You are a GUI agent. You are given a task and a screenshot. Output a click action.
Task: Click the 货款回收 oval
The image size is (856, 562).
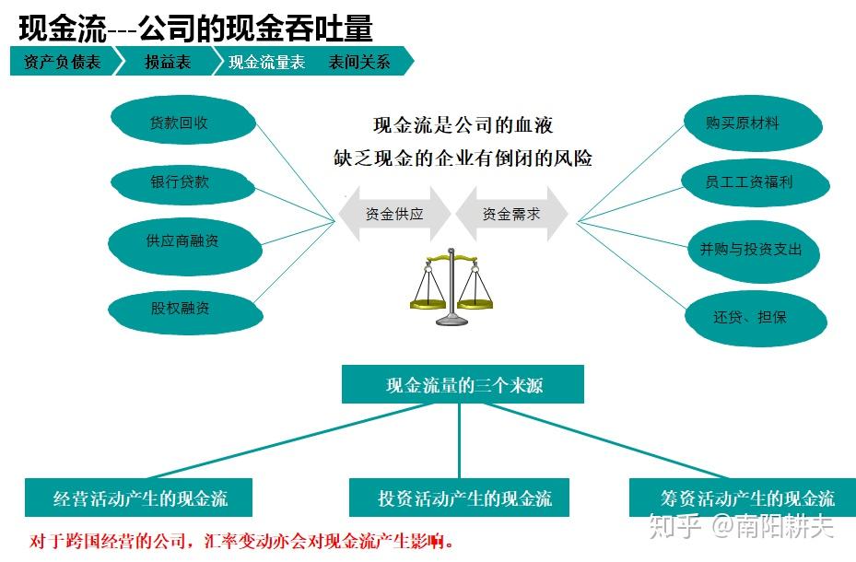[182, 120]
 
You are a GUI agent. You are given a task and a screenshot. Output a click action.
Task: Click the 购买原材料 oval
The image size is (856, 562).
[753, 123]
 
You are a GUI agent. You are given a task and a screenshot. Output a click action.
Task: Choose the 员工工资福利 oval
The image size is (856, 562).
[756, 183]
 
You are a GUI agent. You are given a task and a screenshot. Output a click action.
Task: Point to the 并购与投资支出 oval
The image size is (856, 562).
[754, 252]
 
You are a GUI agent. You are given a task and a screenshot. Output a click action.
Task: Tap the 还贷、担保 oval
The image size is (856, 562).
[756, 319]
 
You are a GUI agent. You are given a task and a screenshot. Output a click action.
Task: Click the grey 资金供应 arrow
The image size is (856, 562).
[394, 214]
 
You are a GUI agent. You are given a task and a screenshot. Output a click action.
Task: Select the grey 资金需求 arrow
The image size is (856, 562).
[511, 214]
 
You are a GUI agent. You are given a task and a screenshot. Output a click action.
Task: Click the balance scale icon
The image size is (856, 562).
[451, 287]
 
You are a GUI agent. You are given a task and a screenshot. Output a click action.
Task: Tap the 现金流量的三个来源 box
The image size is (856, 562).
[463, 385]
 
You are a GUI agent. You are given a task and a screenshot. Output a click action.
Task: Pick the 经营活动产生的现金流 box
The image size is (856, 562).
[138, 498]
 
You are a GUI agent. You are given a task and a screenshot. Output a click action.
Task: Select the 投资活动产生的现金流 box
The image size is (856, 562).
[459, 498]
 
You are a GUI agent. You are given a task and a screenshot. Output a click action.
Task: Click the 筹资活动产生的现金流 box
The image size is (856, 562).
[743, 498]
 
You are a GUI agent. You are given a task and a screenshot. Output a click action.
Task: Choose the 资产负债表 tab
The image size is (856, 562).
[63, 61]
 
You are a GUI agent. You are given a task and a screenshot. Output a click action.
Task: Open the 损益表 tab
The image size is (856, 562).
[168, 61]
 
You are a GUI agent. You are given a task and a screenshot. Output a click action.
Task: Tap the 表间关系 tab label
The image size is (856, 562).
[358, 62]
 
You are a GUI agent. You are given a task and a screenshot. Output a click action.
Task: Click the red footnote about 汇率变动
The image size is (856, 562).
[241, 541]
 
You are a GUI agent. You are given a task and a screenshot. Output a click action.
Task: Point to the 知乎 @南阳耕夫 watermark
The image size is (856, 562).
[740, 526]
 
